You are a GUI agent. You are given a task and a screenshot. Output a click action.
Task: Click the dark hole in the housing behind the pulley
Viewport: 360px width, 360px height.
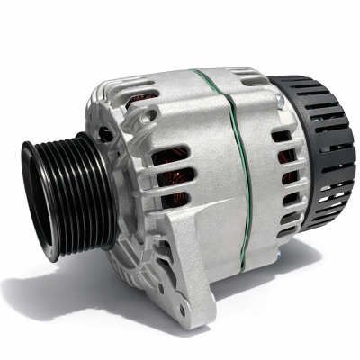point(104,135)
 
